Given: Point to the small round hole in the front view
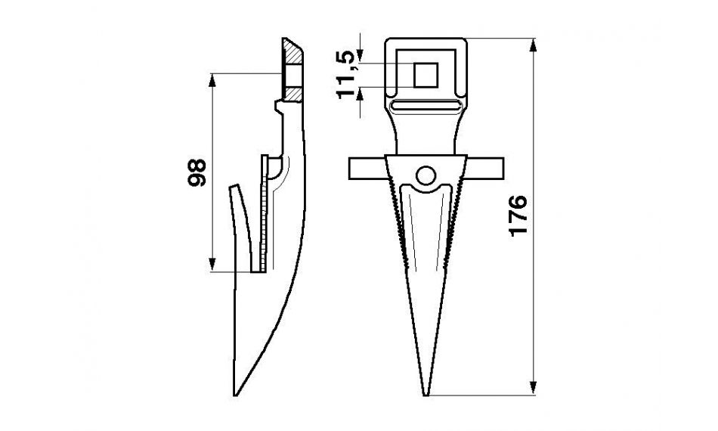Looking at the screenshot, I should (x=426, y=175).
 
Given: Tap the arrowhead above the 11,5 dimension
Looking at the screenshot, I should (x=362, y=55).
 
